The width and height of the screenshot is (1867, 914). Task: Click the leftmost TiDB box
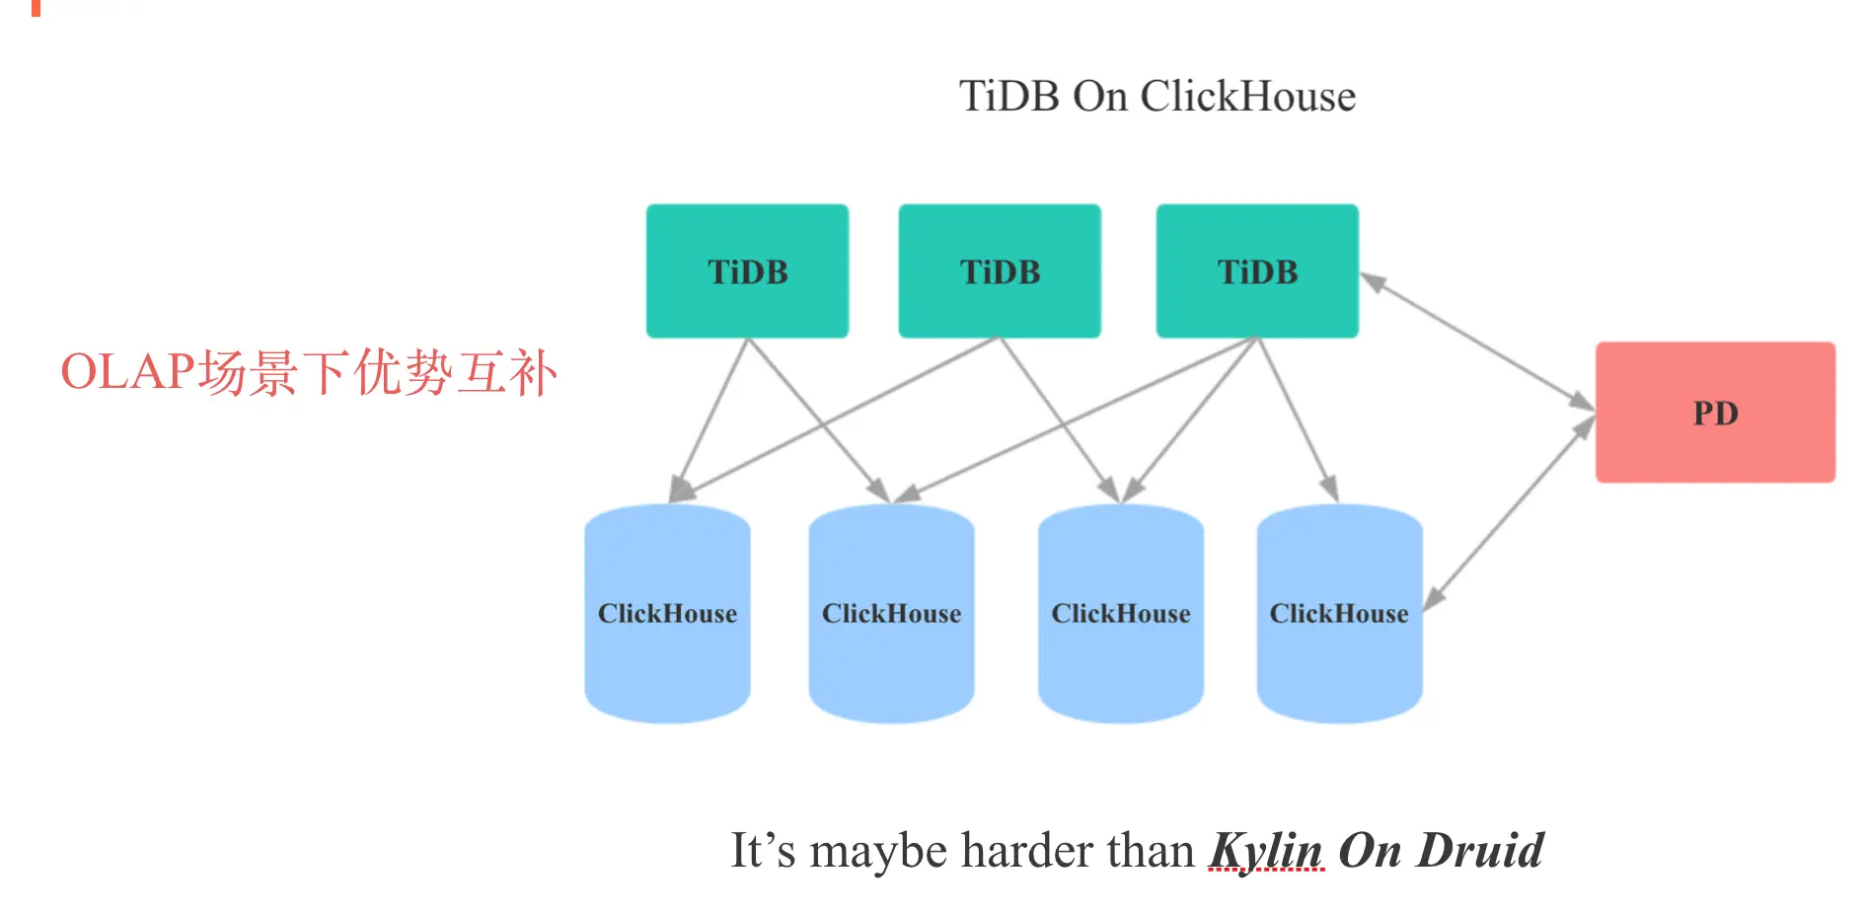747,271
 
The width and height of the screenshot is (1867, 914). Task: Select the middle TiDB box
1000,271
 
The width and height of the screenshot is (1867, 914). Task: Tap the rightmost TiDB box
1256,271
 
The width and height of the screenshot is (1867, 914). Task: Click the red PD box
1715,413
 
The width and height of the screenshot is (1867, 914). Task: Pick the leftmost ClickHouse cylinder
667,613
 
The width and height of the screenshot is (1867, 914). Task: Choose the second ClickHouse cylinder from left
891,613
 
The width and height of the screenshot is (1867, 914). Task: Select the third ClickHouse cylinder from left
1120,613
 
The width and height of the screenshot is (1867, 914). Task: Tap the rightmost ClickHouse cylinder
1338,613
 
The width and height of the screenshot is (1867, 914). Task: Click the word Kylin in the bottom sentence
1266,850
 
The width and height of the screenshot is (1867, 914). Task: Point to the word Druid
1480,850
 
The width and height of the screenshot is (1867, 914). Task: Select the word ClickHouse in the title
1247,97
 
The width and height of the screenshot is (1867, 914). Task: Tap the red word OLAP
128,372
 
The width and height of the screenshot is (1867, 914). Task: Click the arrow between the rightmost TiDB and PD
1477,342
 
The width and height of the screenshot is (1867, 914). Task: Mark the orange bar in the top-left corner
37,7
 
